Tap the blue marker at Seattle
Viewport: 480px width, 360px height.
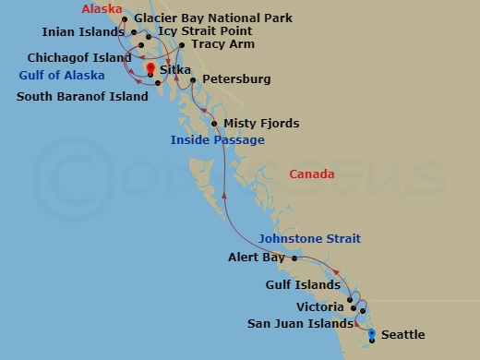point(372,334)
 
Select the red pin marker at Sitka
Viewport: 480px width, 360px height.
point(150,67)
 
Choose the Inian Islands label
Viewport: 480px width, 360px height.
point(83,31)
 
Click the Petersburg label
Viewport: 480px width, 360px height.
point(235,79)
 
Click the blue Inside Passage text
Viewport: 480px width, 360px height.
point(217,140)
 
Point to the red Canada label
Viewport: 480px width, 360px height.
point(311,174)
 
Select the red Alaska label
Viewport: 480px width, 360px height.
point(102,9)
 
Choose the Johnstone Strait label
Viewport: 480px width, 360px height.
point(309,239)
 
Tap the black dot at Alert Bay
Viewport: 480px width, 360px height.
point(294,258)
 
